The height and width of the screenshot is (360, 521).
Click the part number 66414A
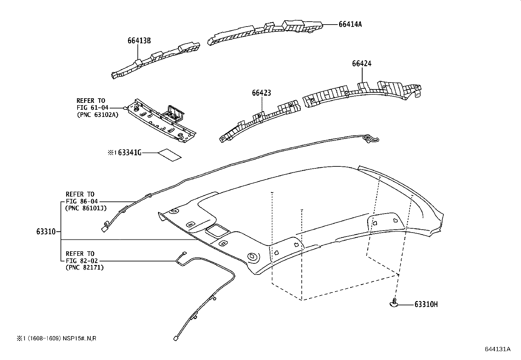pyautogui.click(x=350, y=24)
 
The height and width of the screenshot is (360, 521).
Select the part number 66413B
pyautogui.click(x=139, y=41)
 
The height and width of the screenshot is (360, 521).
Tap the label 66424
pyautogui.click(x=362, y=64)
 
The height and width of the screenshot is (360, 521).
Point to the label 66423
pyautogui.click(x=261, y=93)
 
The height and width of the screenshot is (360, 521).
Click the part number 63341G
pyautogui.click(x=130, y=152)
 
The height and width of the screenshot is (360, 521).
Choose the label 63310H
pyautogui.click(x=426, y=305)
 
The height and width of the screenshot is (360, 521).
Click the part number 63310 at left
pyautogui.click(x=46, y=232)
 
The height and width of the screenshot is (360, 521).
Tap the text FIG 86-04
pyautogui.click(x=82, y=201)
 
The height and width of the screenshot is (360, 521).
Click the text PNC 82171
pyautogui.click(x=85, y=267)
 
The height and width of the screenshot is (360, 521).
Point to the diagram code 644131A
pyautogui.click(x=497, y=349)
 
